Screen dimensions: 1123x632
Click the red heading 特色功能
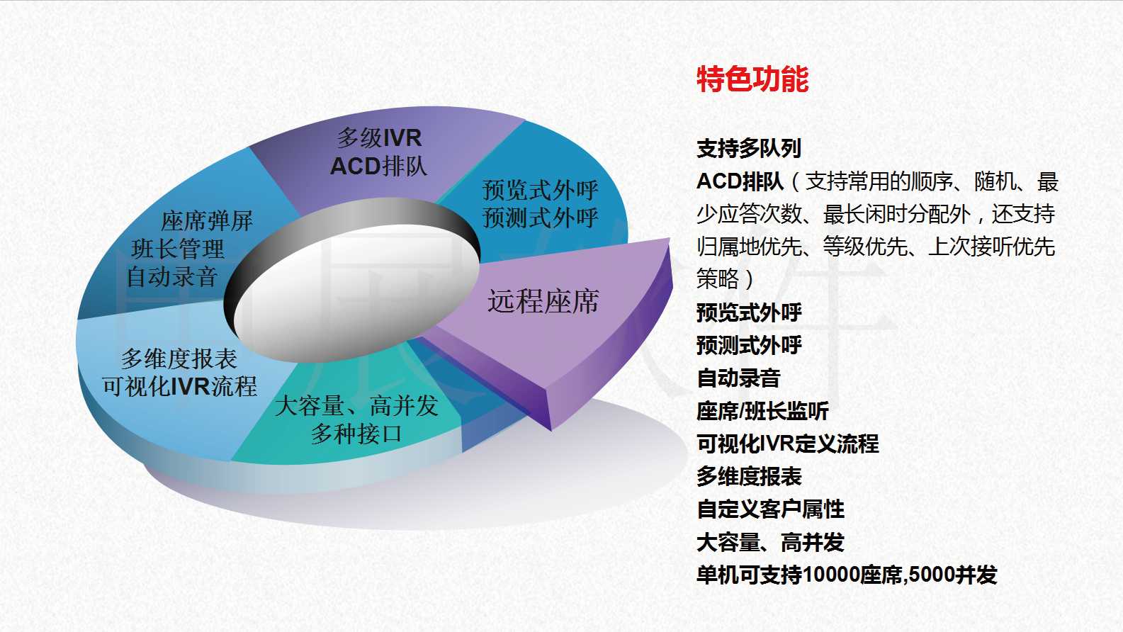tap(752, 79)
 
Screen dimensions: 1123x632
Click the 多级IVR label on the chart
tap(379, 138)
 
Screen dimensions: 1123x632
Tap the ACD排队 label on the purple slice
tap(378, 167)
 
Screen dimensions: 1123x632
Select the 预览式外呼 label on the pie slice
tap(540, 191)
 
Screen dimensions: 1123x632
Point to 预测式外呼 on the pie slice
tap(540, 218)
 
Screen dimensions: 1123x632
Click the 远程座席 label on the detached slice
tap(543, 302)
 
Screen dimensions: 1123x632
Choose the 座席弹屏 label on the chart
tap(207, 221)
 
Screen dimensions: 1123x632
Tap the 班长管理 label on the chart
tap(177, 249)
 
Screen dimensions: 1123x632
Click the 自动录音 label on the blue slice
tap(172, 277)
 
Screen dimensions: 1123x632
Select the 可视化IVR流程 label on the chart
tap(180, 386)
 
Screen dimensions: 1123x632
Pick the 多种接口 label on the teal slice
tap(356, 434)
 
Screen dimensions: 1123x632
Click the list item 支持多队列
tap(749, 148)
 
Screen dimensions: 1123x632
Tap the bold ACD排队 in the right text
tap(740, 181)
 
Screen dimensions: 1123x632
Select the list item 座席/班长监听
tap(762, 411)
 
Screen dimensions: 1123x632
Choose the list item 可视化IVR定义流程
tap(788, 444)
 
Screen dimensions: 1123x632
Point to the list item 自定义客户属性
tap(771, 509)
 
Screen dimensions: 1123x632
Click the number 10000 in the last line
tap(831, 575)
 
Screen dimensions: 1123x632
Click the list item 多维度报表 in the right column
tap(749, 477)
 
